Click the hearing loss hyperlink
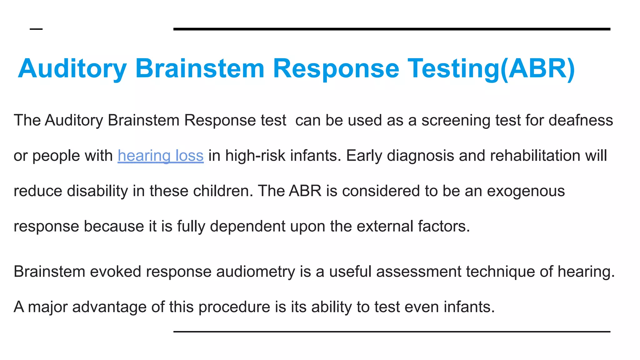161,156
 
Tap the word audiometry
255,272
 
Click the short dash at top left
36,29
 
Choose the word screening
456,120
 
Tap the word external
385,226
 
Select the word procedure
234,307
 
